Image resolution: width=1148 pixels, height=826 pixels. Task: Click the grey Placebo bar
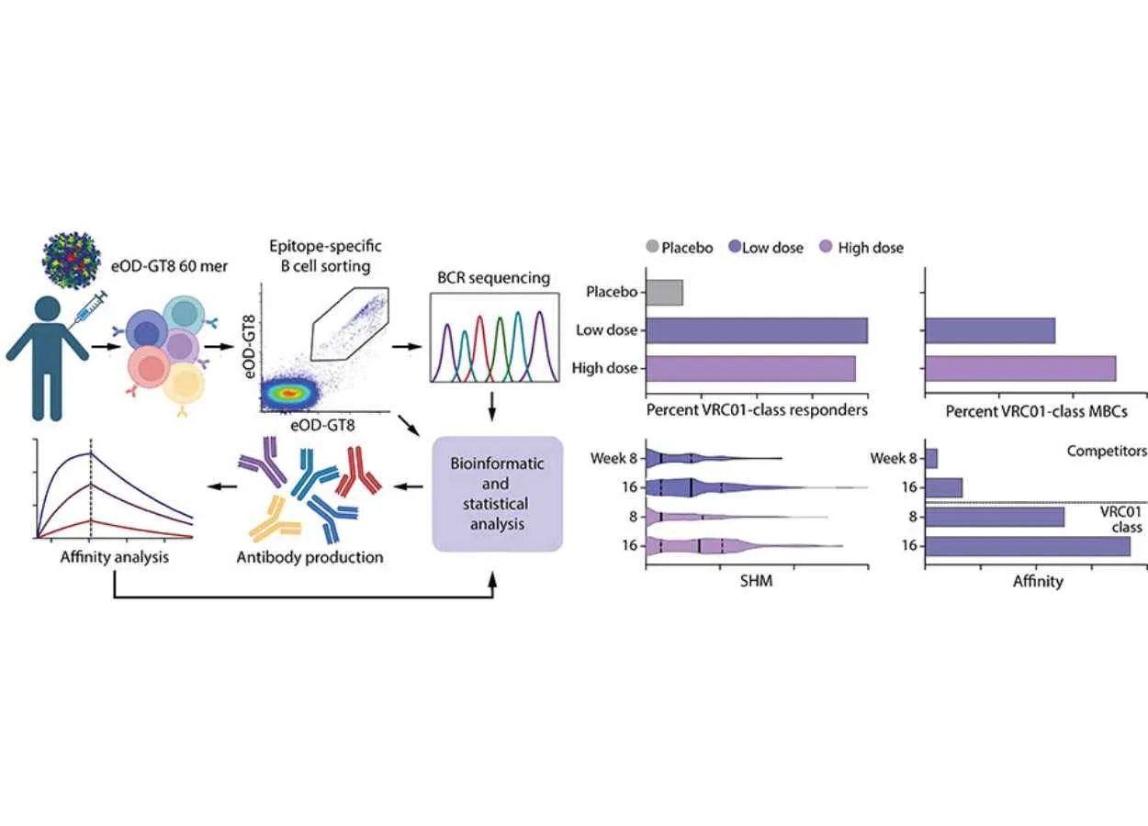pyautogui.click(x=665, y=293)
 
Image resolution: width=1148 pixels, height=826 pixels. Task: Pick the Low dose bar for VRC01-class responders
pyautogui.click(x=758, y=329)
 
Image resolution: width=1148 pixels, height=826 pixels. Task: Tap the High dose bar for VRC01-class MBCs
pyautogui.click(x=1020, y=368)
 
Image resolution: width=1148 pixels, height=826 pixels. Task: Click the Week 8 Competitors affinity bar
pyautogui.click(x=931, y=457)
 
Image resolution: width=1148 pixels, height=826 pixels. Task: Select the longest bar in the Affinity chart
pyautogui.click(x=1028, y=546)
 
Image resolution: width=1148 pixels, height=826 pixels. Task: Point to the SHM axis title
pyautogui.click(x=758, y=581)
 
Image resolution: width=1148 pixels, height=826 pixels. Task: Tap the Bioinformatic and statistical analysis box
pyautogui.click(x=497, y=493)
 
